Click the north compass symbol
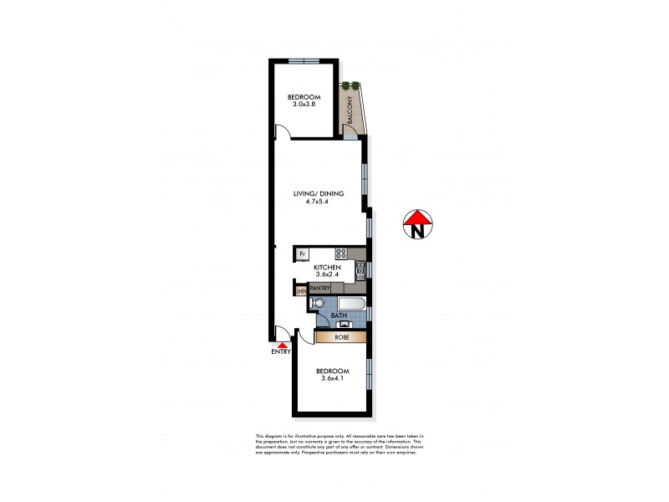(416, 225)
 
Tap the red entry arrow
(283, 345)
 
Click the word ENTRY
(281, 352)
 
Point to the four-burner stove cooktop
(341, 254)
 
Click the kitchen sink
(360, 269)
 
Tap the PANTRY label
(320, 288)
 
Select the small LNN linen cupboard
(299, 291)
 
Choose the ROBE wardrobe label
(341, 338)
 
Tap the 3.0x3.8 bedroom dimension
(303, 105)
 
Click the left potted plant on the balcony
(345, 85)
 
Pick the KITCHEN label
(328, 266)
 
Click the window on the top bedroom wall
(304, 59)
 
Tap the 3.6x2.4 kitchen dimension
(328, 274)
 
